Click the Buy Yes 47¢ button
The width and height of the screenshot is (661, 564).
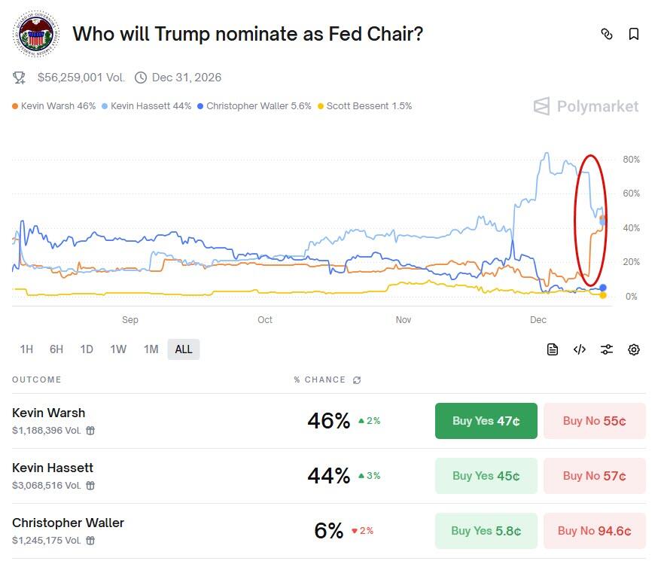click(486, 421)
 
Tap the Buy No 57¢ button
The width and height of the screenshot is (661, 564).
click(594, 476)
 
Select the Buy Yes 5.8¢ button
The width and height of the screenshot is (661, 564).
click(486, 531)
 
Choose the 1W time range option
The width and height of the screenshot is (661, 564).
click(118, 349)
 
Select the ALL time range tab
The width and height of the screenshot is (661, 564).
click(184, 349)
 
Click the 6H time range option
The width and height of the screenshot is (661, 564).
click(56, 349)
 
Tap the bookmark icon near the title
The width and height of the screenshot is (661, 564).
click(634, 34)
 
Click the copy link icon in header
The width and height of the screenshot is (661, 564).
click(607, 34)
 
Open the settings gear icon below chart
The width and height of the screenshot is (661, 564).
click(634, 349)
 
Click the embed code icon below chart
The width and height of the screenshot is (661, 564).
click(580, 349)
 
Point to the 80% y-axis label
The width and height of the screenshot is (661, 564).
click(631, 160)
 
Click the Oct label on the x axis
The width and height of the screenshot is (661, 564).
click(265, 320)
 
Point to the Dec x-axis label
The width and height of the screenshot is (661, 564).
click(538, 320)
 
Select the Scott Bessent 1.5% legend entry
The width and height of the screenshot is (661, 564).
click(365, 106)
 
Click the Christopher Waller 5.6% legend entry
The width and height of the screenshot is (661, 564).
click(254, 106)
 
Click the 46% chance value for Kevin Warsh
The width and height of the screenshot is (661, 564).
click(328, 421)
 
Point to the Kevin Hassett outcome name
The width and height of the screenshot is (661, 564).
click(53, 468)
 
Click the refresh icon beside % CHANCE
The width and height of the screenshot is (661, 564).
click(357, 380)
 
